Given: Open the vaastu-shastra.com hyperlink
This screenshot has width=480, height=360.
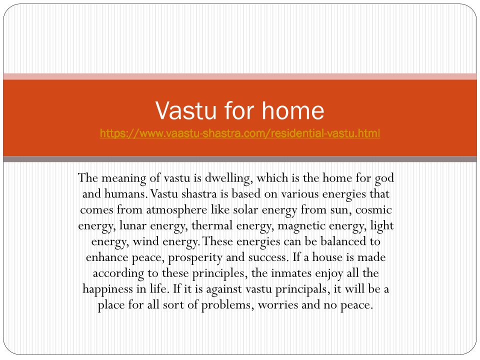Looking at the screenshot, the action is pyautogui.click(x=239, y=133).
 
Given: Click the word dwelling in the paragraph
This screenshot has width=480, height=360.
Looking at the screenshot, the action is pyautogui.click(x=228, y=178).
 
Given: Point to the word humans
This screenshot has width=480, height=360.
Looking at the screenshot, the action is pyautogui.click(x=126, y=194).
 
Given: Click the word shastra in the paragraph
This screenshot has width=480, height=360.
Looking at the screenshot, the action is pyautogui.click(x=194, y=194).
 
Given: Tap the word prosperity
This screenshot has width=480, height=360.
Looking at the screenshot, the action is pyautogui.click(x=195, y=258).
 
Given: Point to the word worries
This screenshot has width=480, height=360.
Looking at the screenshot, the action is pyautogui.click(x=277, y=305).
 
